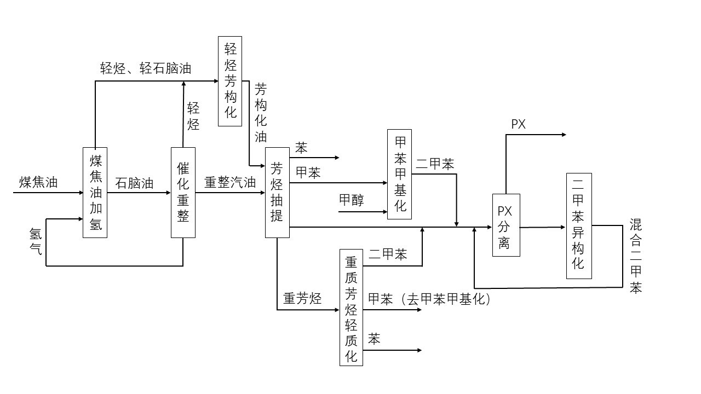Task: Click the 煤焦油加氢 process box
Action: [x=95, y=193]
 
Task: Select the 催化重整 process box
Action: [x=183, y=193]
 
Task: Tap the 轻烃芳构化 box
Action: [x=230, y=81]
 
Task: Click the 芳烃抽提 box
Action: [x=277, y=193]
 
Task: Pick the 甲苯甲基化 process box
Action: [x=399, y=174]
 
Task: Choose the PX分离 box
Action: [x=505, y=225]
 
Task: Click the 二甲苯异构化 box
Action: [x=579, y=226]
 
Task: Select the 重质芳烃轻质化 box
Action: [x=351, y=307]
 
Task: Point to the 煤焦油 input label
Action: [x=38, y=182]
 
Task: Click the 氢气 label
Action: [x=36, y=242]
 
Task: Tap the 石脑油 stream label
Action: [x=134, y=183]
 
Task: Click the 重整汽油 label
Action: [x=230, y=183]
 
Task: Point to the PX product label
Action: [x=518, y=124]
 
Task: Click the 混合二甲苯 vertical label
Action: [x=635, y=256]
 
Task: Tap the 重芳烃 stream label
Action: [x=302, y=299]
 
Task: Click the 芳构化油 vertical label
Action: [x=261, y=113]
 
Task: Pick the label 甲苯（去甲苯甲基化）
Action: [x=429, y=299]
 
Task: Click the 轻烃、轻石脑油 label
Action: [x=146, y=68]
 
